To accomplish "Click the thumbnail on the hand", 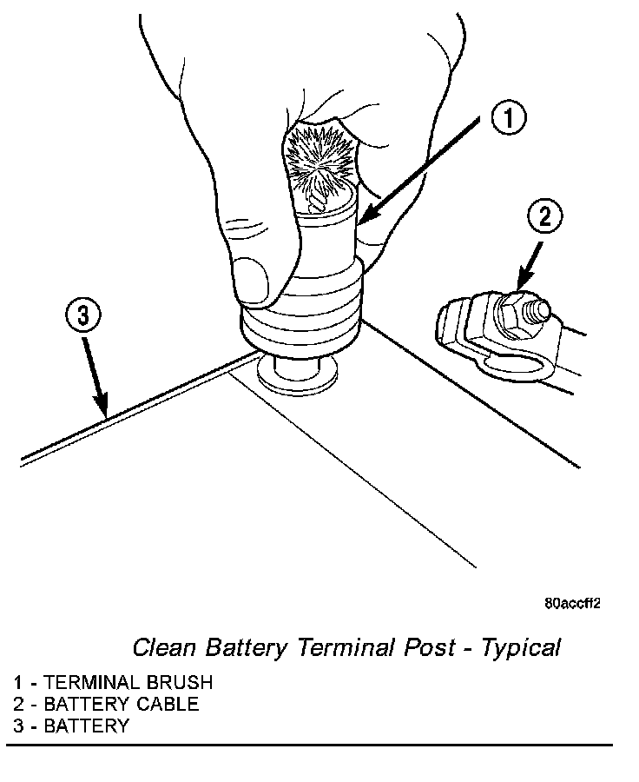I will pyautogui.click(x=255, y=281).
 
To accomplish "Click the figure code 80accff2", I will pyautogui.click(x=573, y=603).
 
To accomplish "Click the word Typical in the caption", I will pyautogui.click(x=521, y=647).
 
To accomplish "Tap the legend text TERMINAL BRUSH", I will pyautogui.click(x=128, y=682).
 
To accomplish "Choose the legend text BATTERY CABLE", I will pyautogui.click(x=122, y=704).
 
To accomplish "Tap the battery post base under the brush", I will pyautogui.click(x=300, y=374).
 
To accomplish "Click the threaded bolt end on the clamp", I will pyautogui.click(x=538, y=309).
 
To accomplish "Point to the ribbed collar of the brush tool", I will pyautogui.click(x=300, y=317).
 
